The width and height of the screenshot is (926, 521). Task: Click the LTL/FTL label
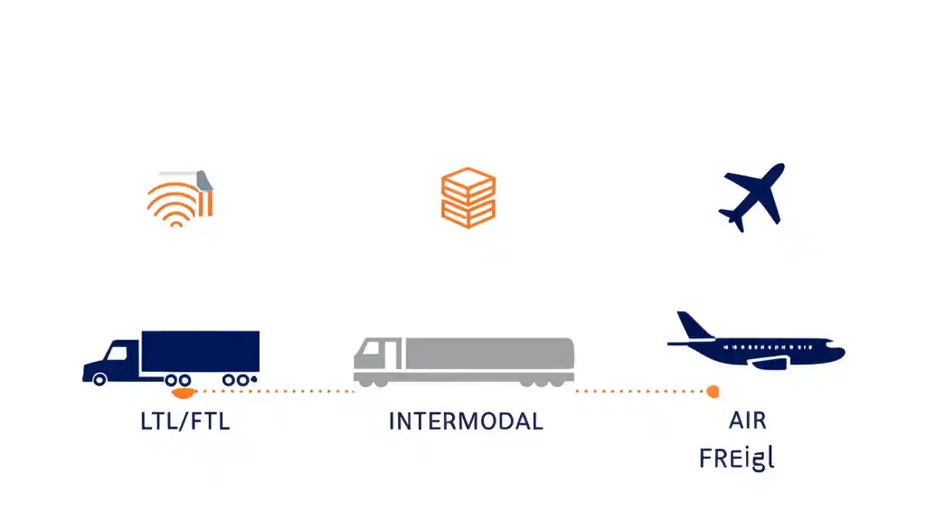[185, 421]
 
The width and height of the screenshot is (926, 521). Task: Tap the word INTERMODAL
[465, 421]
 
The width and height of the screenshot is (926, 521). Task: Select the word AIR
[747, 421]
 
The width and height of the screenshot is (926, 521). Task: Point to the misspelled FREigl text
[736, 459]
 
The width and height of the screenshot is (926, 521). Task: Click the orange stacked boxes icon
[468, 198]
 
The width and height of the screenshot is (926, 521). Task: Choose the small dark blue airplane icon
[752, 196]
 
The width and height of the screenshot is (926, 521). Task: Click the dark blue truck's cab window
[116, 353]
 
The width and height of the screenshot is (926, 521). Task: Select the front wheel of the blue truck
[99, 378]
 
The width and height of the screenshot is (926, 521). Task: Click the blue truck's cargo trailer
[200, 351]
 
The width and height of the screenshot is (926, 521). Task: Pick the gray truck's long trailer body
[489, 353]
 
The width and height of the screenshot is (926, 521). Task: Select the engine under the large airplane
[768, 364]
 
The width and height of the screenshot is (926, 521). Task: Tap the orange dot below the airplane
[713, 392]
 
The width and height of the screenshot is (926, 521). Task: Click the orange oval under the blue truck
[182, 392]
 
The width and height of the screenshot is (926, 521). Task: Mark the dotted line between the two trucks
[275, 391]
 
